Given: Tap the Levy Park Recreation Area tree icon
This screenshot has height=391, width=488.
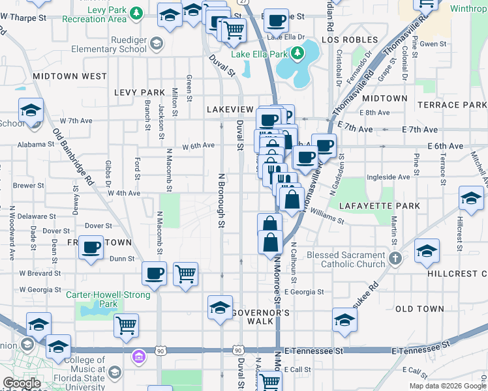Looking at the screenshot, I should pos(136,12).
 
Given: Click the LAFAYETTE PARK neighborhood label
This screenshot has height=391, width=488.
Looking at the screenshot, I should pos(374,205).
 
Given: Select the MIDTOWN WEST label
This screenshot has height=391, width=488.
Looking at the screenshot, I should pos(70,76).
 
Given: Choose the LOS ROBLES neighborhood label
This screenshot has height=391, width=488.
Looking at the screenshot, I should pos(345,40).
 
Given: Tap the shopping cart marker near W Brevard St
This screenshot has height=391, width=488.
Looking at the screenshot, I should pos(186,274).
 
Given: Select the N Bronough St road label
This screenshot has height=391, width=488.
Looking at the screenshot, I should pos(221,201).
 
